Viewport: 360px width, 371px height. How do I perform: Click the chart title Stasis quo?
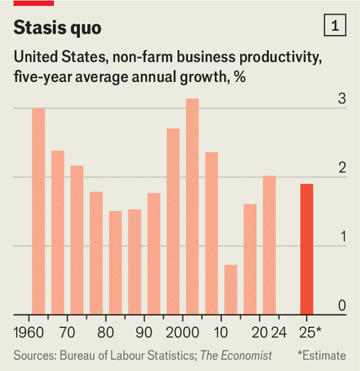click(x=58, y=28)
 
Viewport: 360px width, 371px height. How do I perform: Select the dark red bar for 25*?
click(x=307, y=249)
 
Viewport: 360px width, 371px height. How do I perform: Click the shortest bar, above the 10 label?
click(x=230, y=289)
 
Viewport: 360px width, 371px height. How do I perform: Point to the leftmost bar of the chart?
click(x=38, y=211)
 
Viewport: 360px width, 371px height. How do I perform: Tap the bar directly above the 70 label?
click(x=77, y=240)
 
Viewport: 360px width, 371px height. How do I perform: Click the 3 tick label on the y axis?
click(x=342, y=99)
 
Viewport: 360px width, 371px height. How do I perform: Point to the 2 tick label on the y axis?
click(x=342, y=168)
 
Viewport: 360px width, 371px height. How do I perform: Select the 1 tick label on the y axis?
click(x=342, y=237)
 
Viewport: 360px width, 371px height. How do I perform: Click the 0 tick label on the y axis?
click(x=342, y=306)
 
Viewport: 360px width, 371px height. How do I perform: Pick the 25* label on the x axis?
click(x=310, y=332)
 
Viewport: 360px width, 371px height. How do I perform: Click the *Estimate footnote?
click(x=322, y=355)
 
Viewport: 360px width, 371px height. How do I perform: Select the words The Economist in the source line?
click(x=236, y=355)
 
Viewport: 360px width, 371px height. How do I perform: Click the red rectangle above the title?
click(x=34, y=2)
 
